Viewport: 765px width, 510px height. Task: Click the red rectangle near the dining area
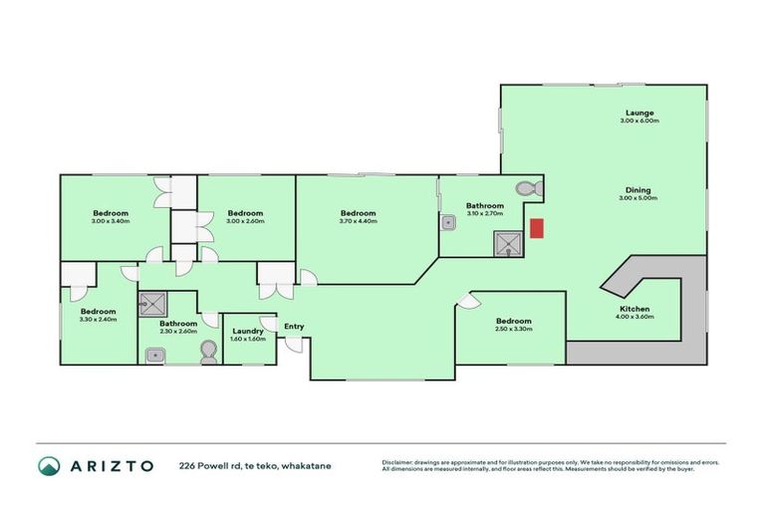536,228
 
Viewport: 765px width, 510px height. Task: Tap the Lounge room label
638,113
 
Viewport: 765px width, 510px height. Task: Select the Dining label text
638,190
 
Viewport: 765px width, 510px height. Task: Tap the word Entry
294,327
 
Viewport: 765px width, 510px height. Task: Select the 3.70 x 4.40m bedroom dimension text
358,221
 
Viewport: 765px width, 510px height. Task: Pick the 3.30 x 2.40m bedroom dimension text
99,319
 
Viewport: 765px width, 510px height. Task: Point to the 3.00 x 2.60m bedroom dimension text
244,221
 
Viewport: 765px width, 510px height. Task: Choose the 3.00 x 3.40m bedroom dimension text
111,221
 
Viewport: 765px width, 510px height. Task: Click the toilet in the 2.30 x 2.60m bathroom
207,351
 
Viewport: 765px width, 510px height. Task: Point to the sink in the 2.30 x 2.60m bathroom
155,354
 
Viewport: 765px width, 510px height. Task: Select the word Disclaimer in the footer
399,463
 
